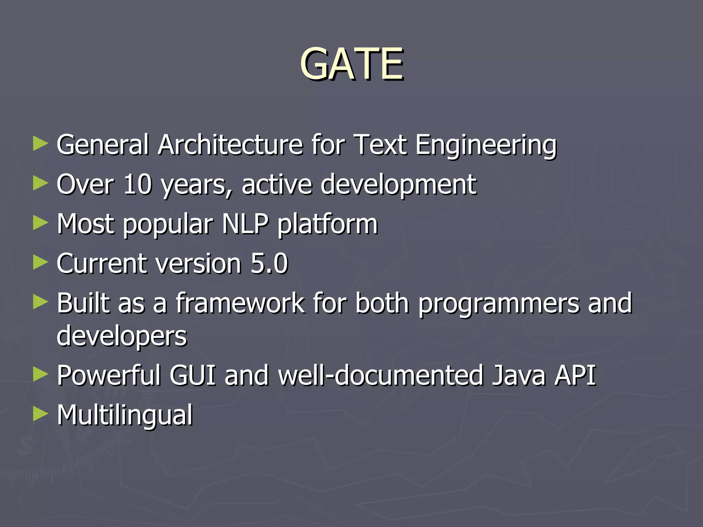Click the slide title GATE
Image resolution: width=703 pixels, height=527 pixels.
point(351,64)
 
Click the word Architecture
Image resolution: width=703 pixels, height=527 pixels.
point(230,145)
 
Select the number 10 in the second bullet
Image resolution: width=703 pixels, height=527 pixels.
point(137,184)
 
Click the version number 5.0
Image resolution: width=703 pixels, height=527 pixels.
point(269,263)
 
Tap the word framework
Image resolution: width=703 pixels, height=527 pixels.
point(240,303)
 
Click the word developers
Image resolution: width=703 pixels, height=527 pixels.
point(122,336)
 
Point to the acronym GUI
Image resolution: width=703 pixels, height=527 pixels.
point(193,375)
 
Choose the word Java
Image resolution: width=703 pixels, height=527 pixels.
point(518,375)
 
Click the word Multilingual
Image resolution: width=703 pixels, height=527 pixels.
point(125,415)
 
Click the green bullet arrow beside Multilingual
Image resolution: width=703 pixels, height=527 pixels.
point(41,414)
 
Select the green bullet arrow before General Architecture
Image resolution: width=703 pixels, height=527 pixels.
point(41,144)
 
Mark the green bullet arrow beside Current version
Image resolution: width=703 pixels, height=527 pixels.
point(41,263)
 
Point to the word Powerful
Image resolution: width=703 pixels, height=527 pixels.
point(108,375)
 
